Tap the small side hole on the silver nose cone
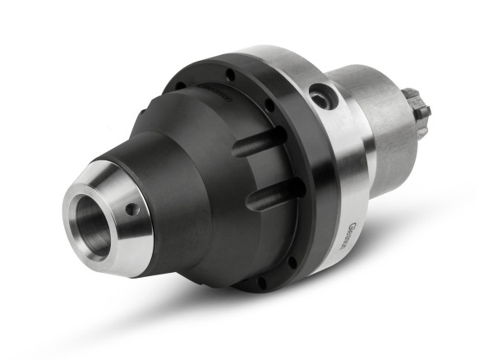point(131,210)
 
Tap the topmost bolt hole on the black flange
point(231,75)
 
